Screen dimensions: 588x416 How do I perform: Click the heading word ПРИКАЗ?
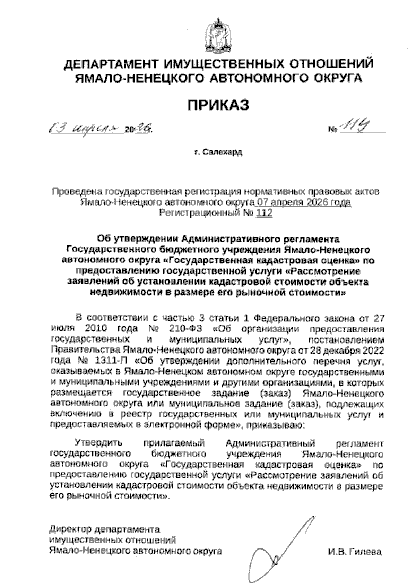pyautogui.click(x=218, y=105)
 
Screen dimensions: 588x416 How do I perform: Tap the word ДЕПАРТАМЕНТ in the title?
pyautogui.click(x=112, y=64)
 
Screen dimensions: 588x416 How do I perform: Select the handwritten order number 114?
pyautogui.click(x=353, y=129)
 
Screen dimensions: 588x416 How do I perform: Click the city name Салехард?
pyautogui.click(x=222, y=152)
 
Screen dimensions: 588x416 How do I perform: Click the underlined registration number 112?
pyautogui.click(x=264, y=213)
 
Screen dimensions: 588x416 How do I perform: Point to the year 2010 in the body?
pyautogui.click(x=94, y=328)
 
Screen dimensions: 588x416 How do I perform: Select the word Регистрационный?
pyautogui.click(x=198, y=213)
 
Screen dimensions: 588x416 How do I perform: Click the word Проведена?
pyautogui.click(x=77, y=191)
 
